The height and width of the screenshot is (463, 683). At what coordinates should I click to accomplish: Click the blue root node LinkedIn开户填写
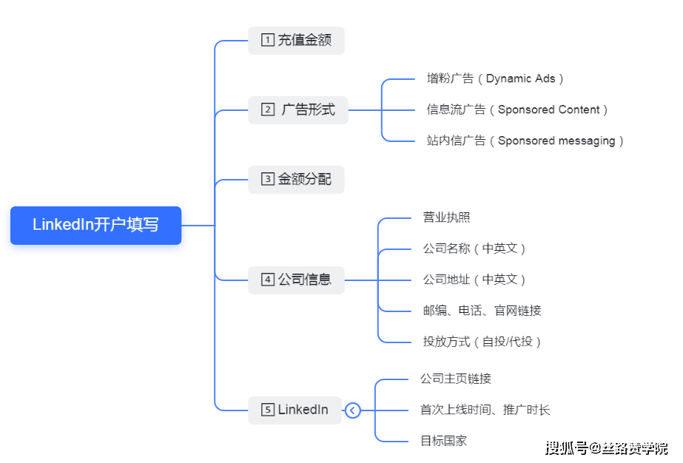[95, 225]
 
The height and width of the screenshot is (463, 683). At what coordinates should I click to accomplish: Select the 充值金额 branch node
[296, 41]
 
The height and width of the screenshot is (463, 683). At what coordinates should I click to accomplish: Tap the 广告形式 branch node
[297, 110]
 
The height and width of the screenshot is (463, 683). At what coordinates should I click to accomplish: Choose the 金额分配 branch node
[296, 179]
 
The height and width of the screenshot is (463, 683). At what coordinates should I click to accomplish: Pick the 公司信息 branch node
[296, 280]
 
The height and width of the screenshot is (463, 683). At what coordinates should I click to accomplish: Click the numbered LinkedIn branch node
[295, 410]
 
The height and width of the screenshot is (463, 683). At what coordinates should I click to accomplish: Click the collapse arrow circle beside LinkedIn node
[353, 410]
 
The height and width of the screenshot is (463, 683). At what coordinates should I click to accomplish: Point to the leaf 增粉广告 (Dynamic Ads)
[495, 78]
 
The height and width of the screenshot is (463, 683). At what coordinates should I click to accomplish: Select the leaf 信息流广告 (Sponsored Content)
[517, 109]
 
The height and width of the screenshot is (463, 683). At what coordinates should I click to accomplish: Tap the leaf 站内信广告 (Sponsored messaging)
[525, 141]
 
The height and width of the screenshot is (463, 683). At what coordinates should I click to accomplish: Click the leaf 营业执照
[446, 217]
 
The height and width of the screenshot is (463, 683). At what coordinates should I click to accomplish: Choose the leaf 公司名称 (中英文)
[474, 249]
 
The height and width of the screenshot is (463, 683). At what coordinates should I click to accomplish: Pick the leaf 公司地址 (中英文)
[474, 280]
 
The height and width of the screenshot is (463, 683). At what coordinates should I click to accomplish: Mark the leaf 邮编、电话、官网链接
[482, 311]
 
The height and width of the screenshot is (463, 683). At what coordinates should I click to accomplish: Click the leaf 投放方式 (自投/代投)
[482, 342]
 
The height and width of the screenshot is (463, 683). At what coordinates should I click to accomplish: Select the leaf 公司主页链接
[455, 379]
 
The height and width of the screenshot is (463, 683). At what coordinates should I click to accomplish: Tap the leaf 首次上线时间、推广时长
[485, 410]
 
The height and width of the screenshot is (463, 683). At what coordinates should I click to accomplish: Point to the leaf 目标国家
[443, 441]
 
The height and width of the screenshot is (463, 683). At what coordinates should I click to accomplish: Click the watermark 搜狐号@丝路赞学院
[606, 447]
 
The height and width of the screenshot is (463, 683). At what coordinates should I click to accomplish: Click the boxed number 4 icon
[268, 280]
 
